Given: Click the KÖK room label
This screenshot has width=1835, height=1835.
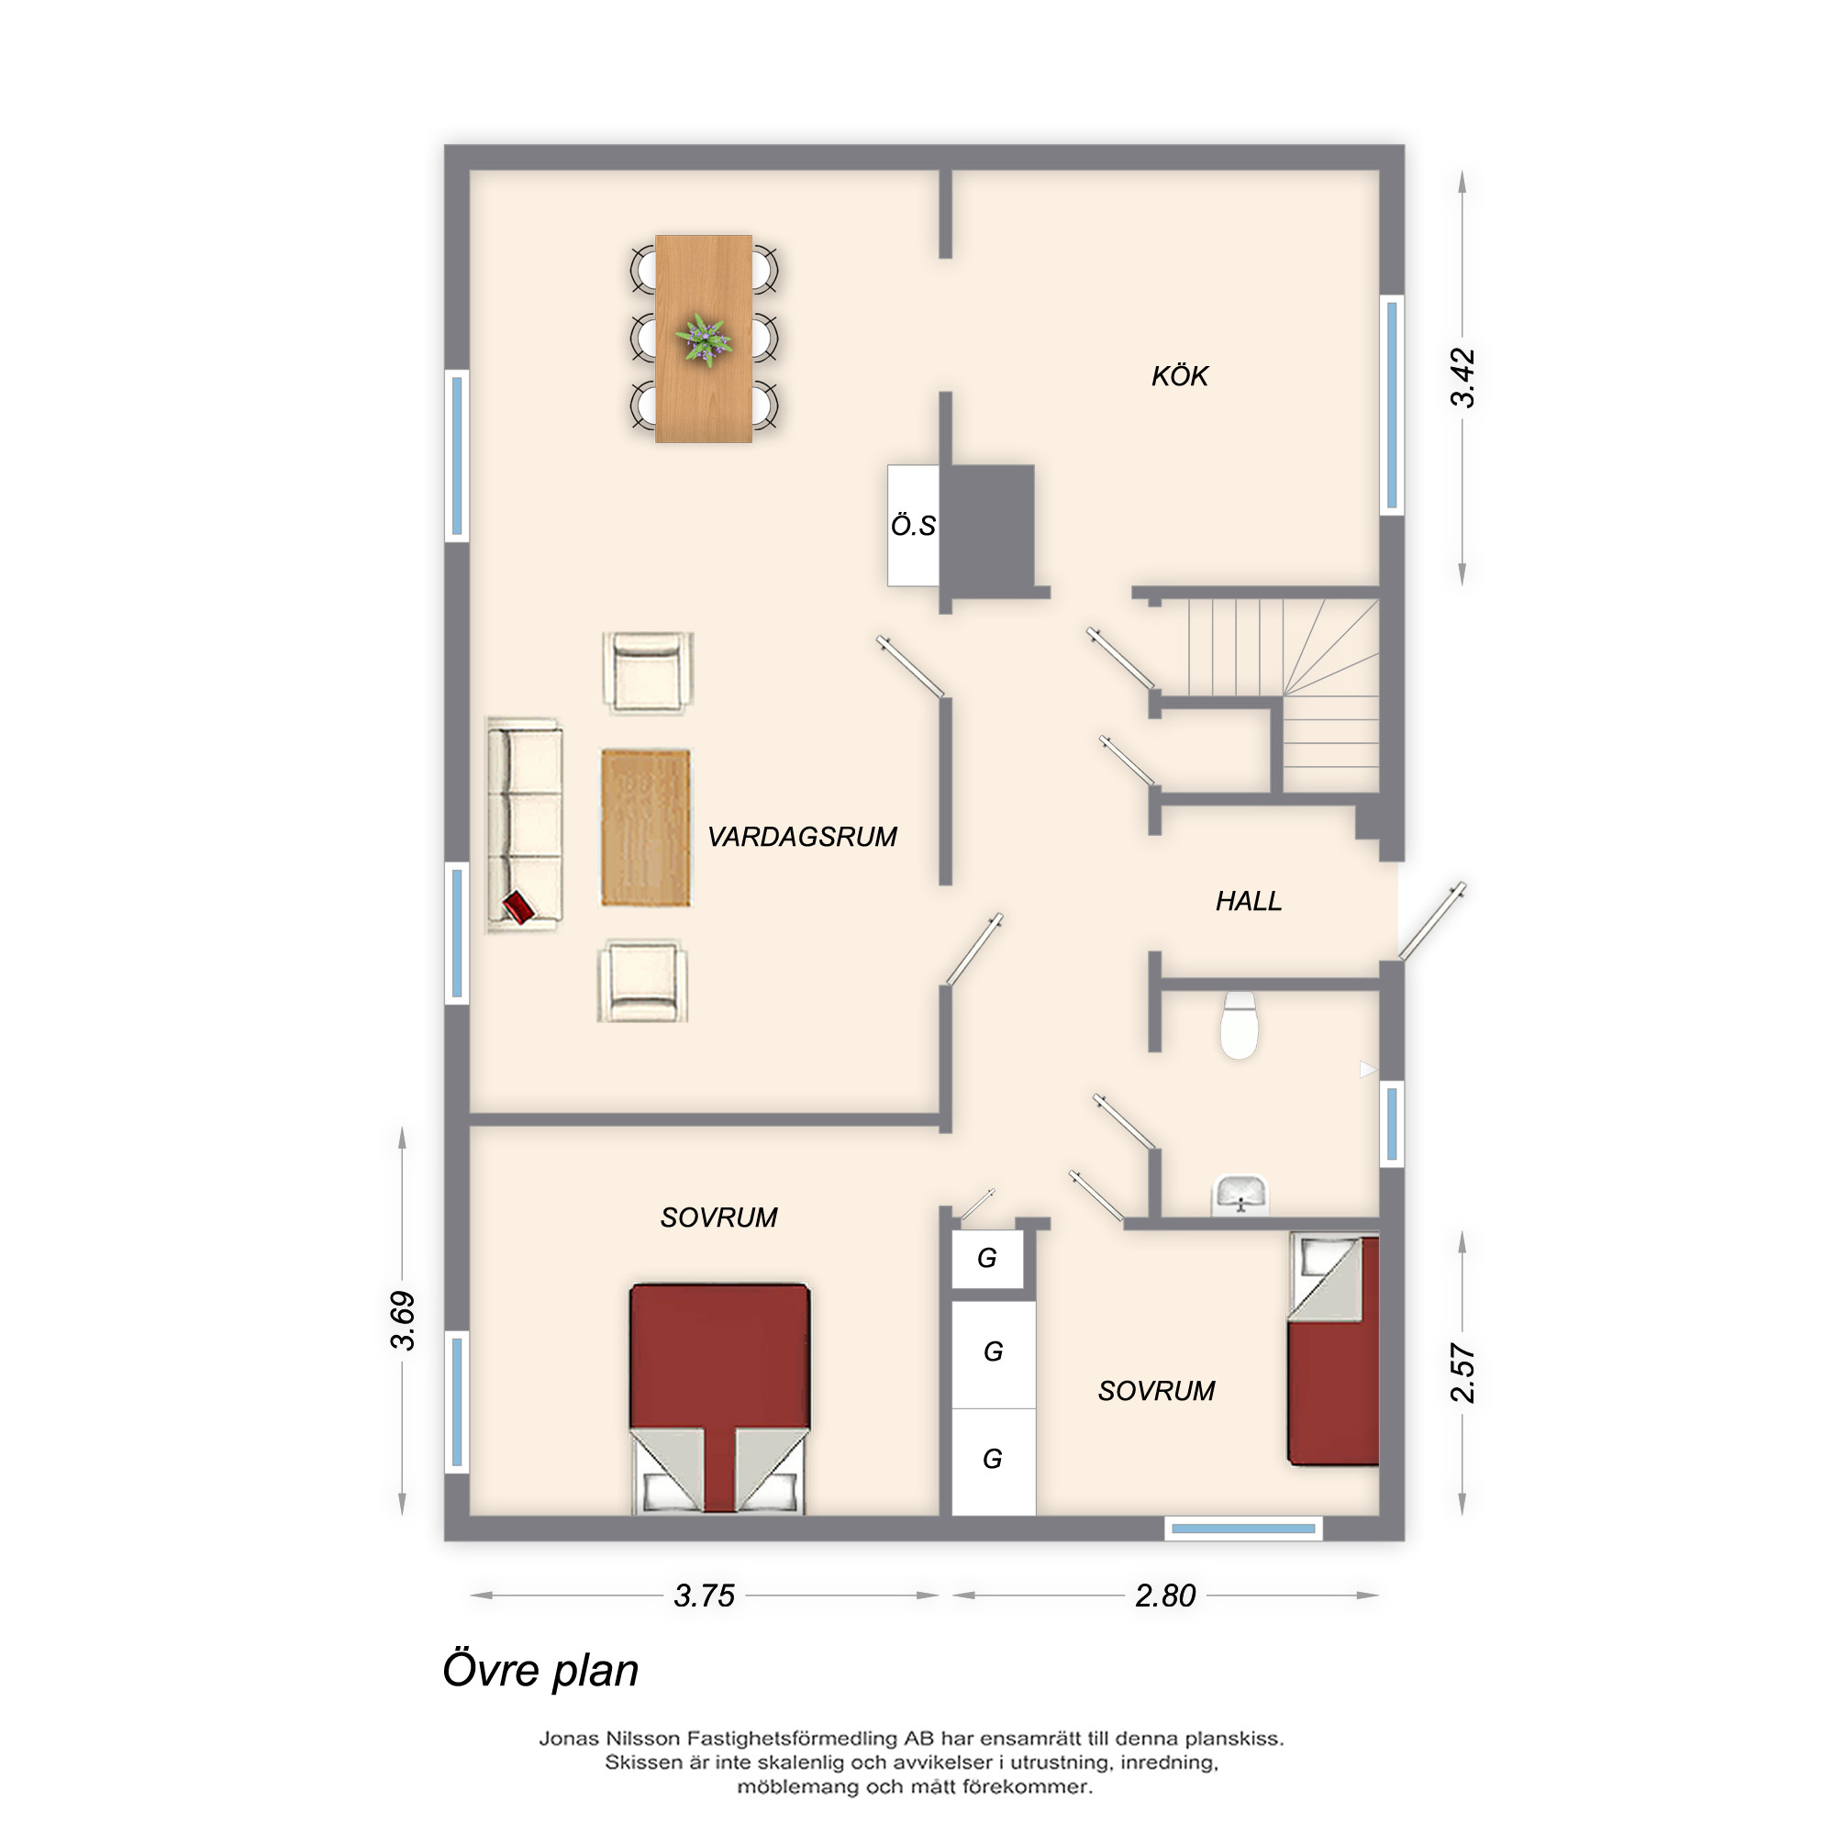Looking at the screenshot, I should point(1179,376).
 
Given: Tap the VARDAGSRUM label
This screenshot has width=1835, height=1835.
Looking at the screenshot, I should point(802,837).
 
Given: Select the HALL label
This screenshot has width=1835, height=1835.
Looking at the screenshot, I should point(1248,900).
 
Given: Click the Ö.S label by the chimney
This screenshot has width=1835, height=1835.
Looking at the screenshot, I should point(913,525).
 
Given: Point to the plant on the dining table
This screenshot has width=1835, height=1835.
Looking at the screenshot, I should point(704,339).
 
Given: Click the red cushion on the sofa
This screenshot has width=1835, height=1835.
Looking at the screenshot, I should point(517,906).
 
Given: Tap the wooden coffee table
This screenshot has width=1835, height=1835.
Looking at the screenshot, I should point(645,828).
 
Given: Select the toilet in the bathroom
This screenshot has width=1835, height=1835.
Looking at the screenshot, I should point(1239,1026).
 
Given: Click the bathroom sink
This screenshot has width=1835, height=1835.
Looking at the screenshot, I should point(1240,1195).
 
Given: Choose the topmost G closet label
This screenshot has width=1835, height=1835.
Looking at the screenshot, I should point(987,1259).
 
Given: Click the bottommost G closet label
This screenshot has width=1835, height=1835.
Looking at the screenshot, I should point(993,1459).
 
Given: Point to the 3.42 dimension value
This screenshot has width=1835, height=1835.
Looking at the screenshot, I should point(1462,378).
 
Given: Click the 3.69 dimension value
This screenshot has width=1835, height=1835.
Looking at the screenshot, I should point(403,1321).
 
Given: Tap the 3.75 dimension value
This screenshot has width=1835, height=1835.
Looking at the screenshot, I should point(704,1596).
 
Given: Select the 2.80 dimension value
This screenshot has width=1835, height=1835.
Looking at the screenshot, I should point(1165,1596).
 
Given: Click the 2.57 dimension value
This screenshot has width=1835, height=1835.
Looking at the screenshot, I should point(1462,1373).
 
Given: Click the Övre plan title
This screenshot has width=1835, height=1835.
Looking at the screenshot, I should point(540,1671).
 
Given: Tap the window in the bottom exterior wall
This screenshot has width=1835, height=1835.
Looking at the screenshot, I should point(1243,1529).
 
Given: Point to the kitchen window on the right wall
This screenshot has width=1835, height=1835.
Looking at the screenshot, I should point(1392,405).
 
